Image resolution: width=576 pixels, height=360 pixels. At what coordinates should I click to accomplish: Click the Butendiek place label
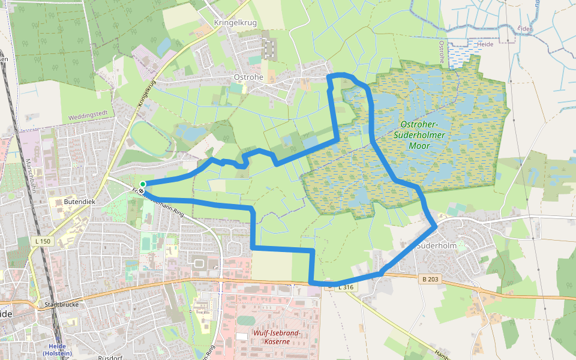[79, 202]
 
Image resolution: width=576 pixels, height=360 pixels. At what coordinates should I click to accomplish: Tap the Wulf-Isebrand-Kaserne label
[277, 337]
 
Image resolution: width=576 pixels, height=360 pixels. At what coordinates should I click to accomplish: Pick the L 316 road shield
[347, 288]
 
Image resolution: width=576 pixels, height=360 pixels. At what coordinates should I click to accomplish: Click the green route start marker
[143, 184]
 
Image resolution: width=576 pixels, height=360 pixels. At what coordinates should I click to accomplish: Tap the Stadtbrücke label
[58, 304]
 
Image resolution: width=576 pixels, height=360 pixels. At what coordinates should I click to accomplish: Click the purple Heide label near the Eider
[485, 44]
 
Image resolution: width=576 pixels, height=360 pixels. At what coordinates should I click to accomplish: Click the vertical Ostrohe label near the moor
[442, 52]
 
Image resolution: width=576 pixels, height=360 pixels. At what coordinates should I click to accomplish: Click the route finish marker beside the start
[140, 191]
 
